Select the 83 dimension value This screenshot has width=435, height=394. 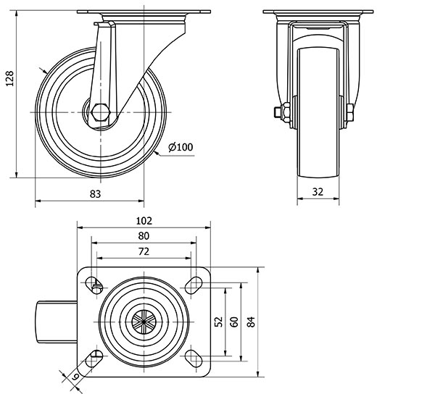point(95,193)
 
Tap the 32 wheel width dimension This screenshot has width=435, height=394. point(317,193)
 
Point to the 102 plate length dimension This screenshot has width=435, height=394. point(143,220)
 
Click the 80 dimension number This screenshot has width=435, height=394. point(143,236)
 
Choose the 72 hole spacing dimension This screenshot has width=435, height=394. point(143,251)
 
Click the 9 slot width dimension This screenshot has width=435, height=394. point(75,377)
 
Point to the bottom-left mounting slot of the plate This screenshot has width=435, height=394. point(95,356)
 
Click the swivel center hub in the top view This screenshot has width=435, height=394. point(144,322)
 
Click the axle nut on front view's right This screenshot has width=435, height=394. point(352,112)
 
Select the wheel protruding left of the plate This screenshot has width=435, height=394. point(54,321)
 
